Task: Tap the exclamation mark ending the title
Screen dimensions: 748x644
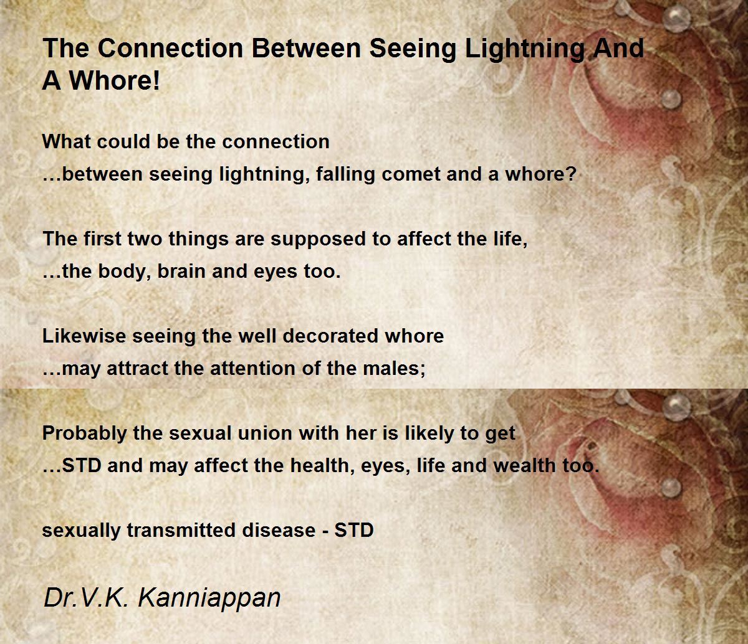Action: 156,80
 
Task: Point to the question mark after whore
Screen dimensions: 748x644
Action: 572,174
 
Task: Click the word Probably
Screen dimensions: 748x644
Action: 84,433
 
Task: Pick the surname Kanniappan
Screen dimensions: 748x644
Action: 209,598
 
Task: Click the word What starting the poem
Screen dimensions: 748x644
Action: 66,142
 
